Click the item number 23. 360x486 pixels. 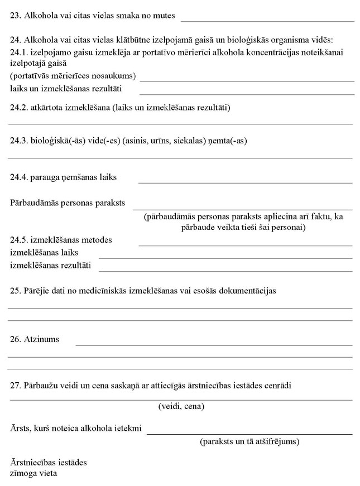point(15,16)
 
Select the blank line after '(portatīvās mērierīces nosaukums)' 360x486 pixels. point(246,81)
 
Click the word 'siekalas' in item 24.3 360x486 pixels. point(190,141)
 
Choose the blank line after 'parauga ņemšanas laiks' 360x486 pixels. point(245,182)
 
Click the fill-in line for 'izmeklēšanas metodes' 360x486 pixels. point(245,246)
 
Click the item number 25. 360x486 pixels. point(15,291)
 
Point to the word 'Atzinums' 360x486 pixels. point(42,339)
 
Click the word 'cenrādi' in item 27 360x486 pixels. point(277,386)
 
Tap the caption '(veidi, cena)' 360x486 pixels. point(181,407)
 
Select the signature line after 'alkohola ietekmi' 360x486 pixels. point(249,434)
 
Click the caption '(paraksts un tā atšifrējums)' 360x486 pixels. point(249,442)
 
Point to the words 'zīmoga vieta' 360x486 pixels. point(33,473)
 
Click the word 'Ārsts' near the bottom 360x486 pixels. point(20,429)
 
